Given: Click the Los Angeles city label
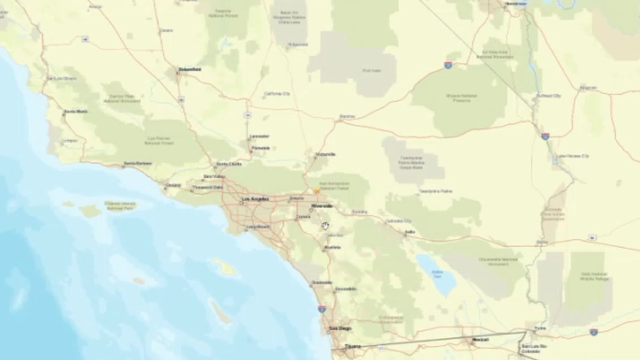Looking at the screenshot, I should pos(257,200).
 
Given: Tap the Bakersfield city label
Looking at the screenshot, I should pos(189,69).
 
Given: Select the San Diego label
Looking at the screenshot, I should pos(340,328).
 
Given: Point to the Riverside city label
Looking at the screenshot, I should pos(322,206).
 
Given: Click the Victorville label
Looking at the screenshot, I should pos(326,154).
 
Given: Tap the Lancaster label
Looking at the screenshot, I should pos(259,136).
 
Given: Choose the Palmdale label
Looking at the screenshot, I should pos(260,148).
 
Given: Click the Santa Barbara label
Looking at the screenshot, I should pos(137,163).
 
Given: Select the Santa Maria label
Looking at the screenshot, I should pos(75,111).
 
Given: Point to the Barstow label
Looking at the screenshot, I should pos(347,117).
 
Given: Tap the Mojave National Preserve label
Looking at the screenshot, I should pos(460,98).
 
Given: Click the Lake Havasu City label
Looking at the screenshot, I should pos(572,157).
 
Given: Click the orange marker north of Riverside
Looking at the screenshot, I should pos(316,190).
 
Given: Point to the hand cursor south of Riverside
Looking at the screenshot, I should pos(326,226).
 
